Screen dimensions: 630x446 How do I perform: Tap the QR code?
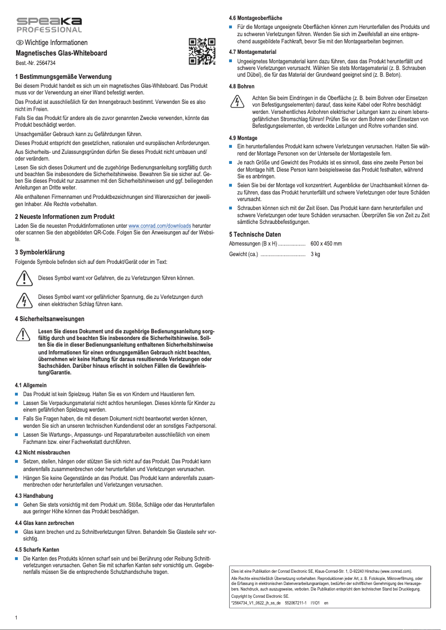[x=201, y=51]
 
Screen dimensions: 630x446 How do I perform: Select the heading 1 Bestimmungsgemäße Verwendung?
[x=64, y=76]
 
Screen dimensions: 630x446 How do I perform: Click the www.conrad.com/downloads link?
[x=160, y=226]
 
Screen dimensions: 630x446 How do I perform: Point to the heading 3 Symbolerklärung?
[x=40, y=252]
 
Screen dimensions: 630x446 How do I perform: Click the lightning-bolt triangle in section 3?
[x=23, y=301]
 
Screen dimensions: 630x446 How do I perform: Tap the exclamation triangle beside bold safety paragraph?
[x=23, y=334]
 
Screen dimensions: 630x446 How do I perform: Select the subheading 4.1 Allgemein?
[x=31, y=384]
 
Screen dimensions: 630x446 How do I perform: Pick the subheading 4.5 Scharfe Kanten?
[x=37, y=549]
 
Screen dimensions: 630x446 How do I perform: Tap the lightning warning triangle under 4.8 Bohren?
[x=237, y=102]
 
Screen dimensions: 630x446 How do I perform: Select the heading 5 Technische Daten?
[x=255, y=234]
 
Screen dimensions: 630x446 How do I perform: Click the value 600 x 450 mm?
[x=326, y=244]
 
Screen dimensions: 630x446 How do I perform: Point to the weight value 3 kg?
[x=315, y=254]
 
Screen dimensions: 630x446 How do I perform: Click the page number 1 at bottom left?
[x=17, y=618]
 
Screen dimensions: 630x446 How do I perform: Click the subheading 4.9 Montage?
[x=243, y=137]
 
